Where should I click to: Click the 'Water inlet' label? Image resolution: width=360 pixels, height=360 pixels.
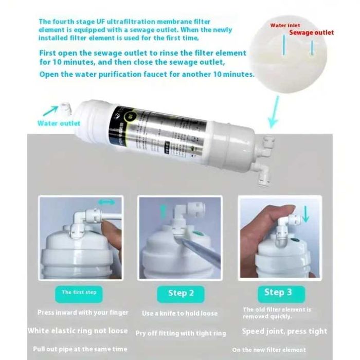285,25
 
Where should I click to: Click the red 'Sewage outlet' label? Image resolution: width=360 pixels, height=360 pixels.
311,32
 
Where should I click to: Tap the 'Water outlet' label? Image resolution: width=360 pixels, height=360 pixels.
59,123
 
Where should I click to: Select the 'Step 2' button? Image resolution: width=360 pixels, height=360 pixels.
181,293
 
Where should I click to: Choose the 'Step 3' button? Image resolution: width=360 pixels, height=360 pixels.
278,292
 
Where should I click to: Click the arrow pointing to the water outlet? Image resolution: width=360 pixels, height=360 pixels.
50,110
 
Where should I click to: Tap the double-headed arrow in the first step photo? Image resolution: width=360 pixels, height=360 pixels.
107,203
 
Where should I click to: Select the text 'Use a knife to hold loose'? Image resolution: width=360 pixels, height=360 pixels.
180,313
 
